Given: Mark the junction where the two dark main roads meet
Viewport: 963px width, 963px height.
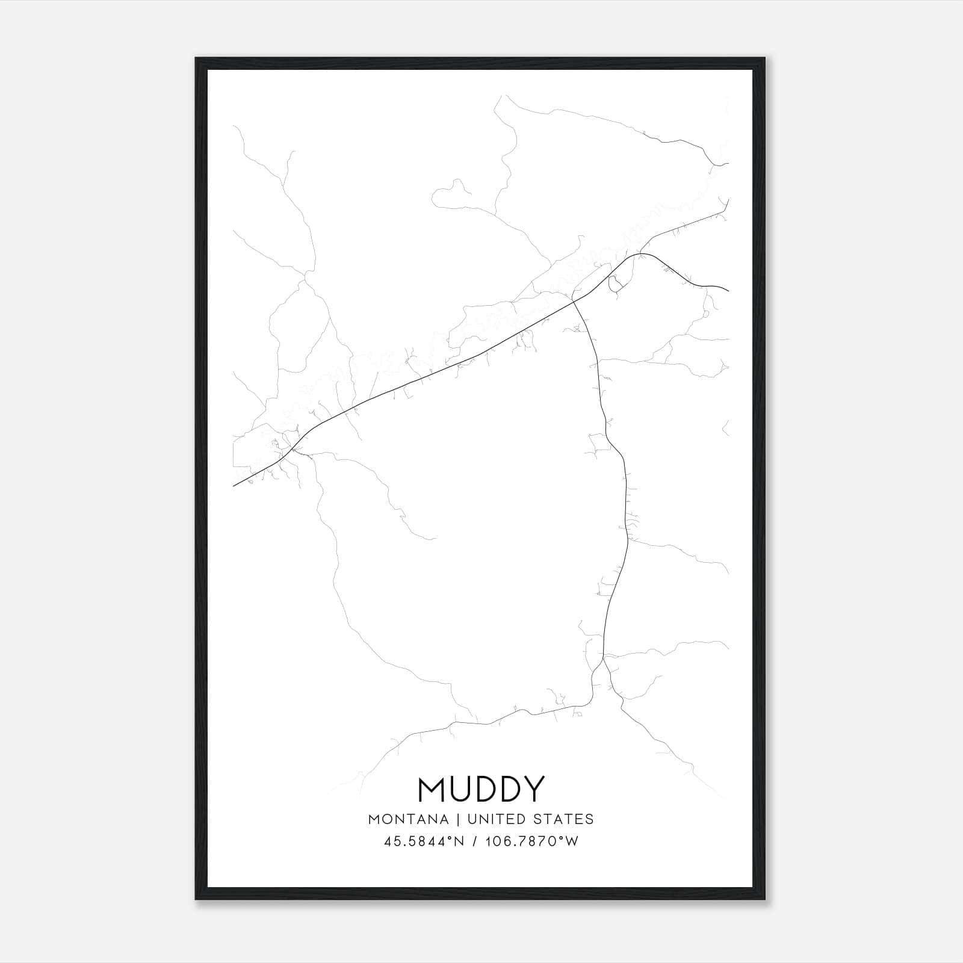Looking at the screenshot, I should [x=572, y=300].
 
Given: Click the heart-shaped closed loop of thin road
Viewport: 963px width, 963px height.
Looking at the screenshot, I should [x=451, y=194].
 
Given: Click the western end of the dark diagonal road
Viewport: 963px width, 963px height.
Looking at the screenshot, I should [x=234, y=485].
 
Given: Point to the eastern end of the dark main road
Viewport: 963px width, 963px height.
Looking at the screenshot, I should [x=728, y=291].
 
